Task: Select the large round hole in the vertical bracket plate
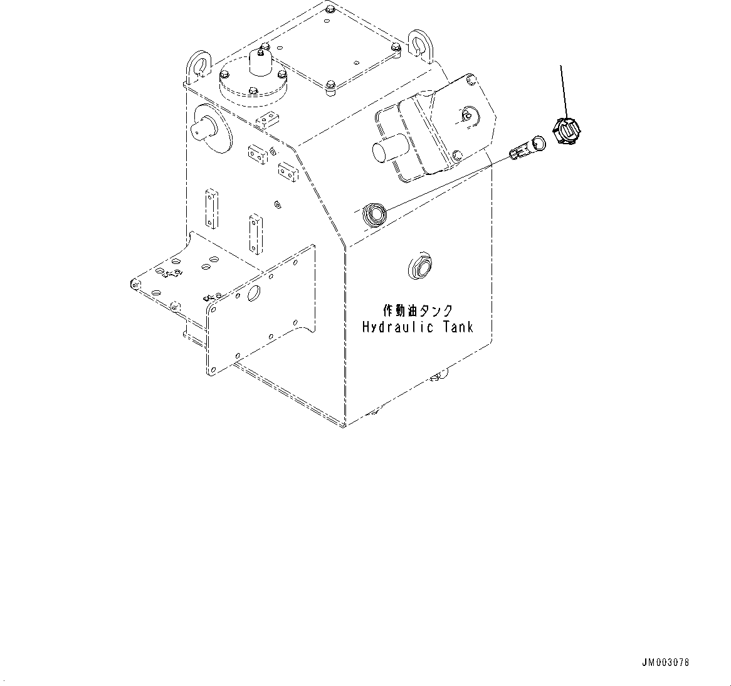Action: (x=254, y=293)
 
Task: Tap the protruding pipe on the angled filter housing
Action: (x=384, y=152)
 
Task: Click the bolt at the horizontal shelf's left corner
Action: (x=134, y=284)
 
